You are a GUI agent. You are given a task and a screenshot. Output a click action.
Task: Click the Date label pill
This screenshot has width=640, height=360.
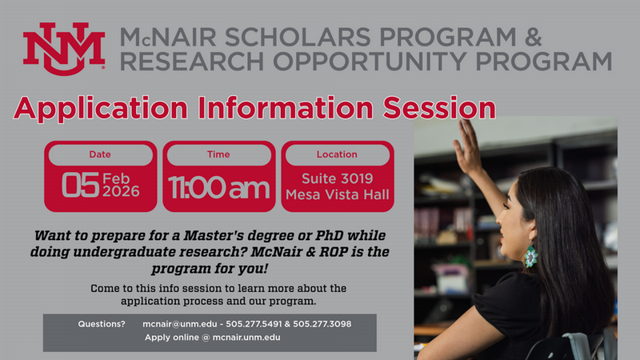coord(100,154)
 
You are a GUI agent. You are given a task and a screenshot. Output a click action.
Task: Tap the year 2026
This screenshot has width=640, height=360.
coord(121,192)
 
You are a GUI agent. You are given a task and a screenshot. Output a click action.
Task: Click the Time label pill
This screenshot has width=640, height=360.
coord(218,154)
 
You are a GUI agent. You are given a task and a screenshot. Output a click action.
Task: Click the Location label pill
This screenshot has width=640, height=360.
coord(337,154)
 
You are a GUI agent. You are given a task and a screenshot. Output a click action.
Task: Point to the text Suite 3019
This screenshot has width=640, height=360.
coord(337,178)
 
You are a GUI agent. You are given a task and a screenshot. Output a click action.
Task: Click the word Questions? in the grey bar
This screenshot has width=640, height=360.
coord(102,324)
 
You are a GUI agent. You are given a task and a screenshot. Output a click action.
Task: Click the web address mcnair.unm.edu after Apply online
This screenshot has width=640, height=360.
coord(246,338)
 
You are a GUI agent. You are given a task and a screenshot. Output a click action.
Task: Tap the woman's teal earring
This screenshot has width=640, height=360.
coord(530,256)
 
